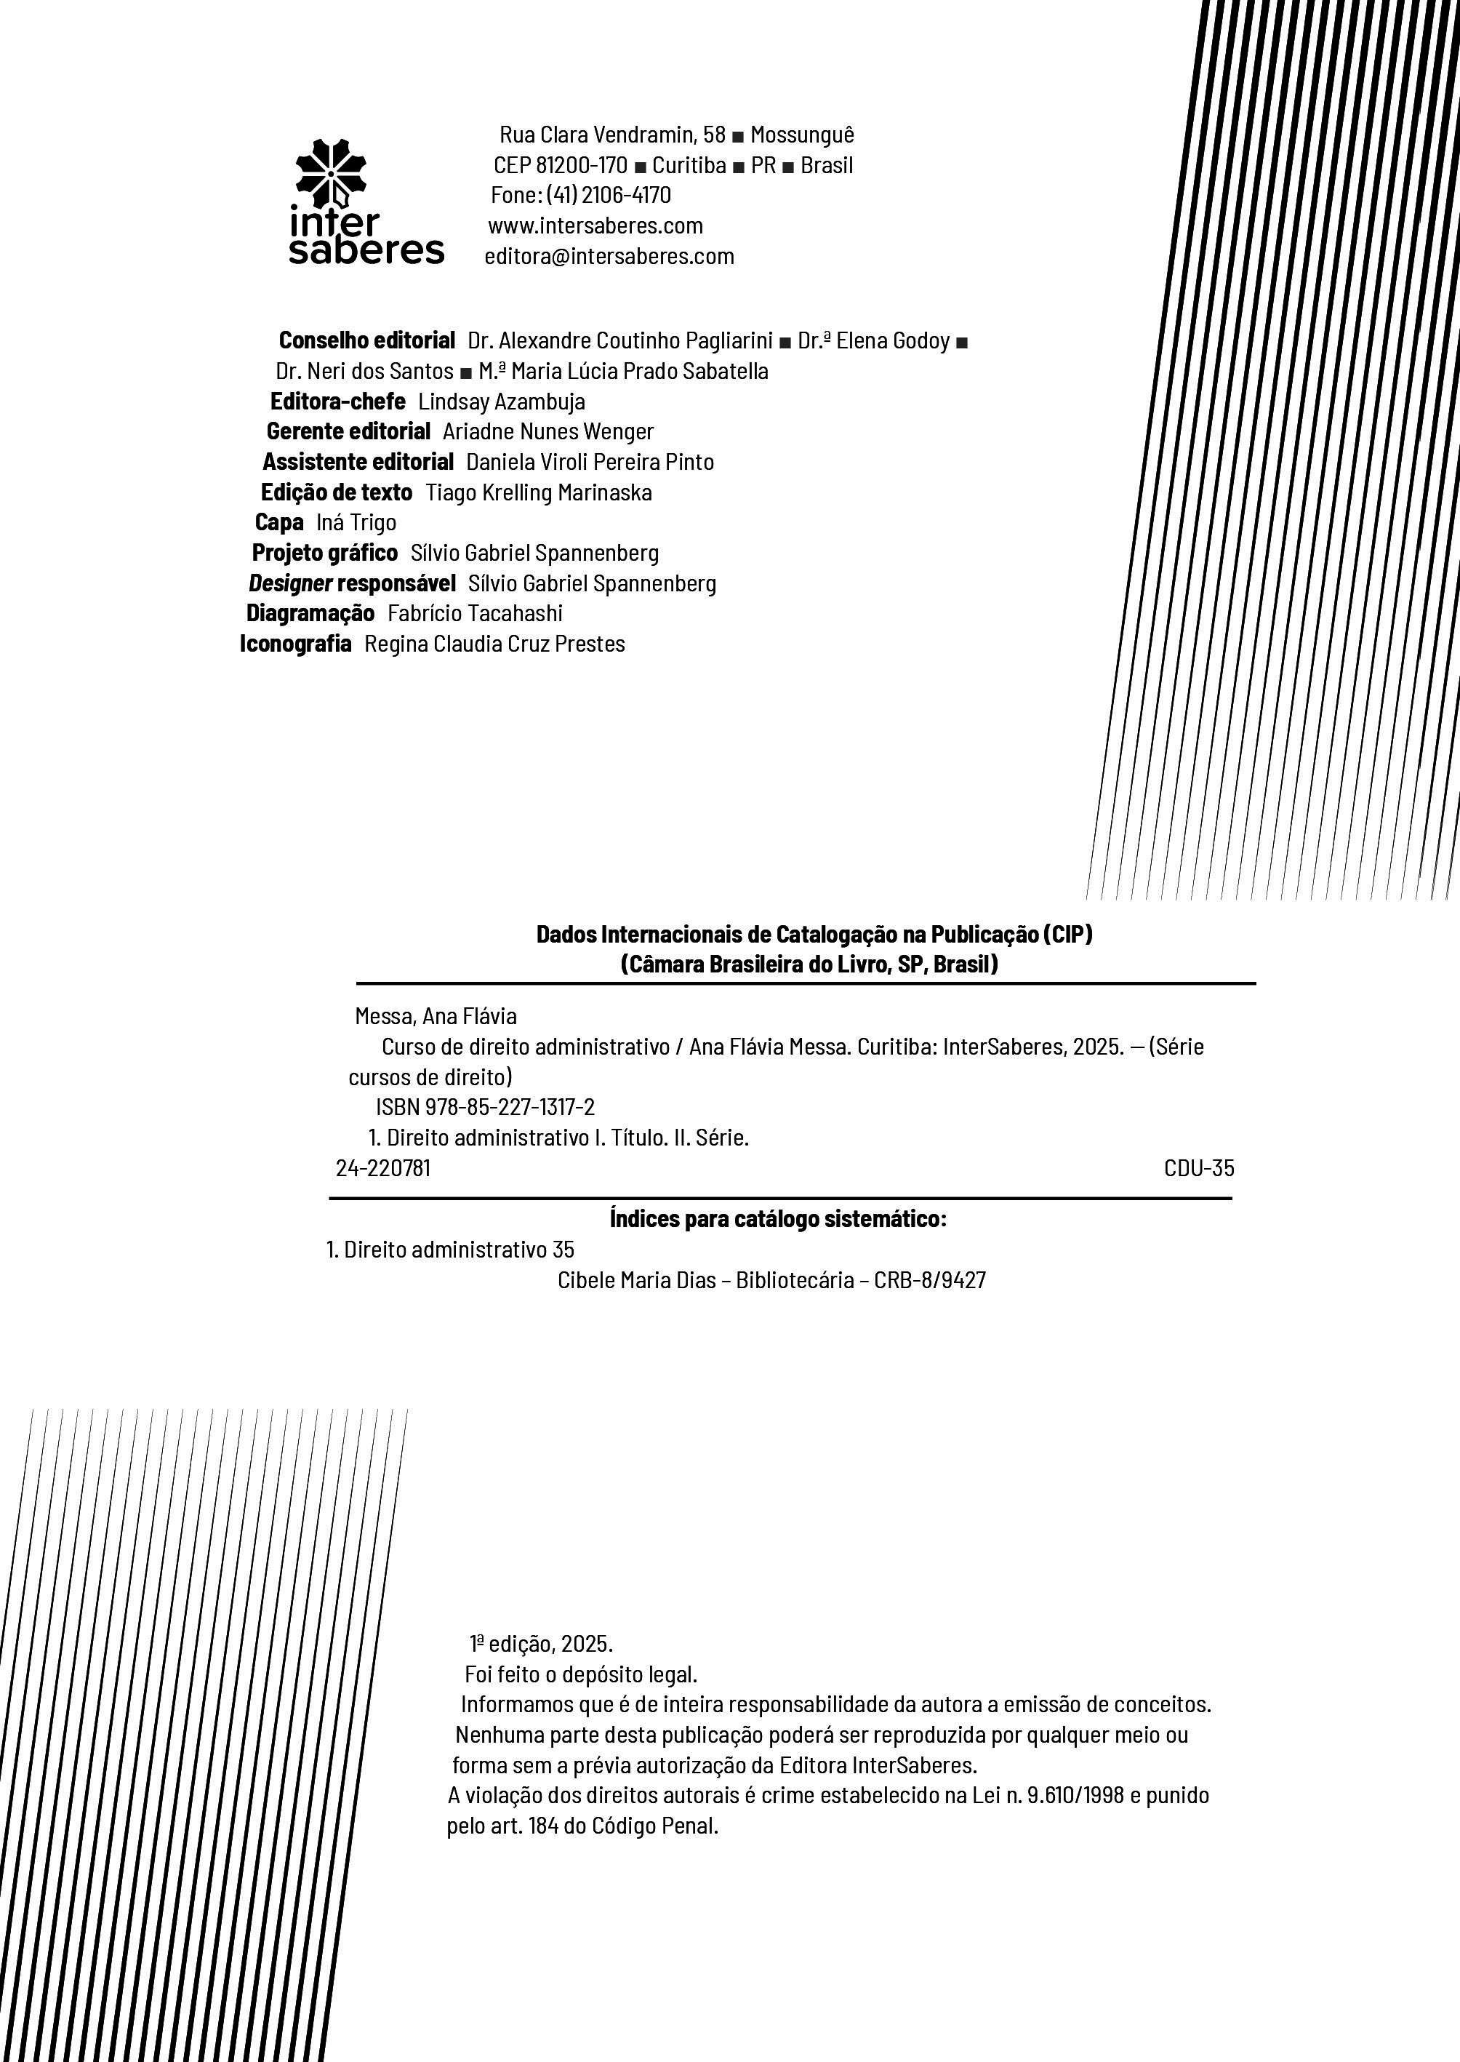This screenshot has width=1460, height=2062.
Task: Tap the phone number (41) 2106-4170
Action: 609,195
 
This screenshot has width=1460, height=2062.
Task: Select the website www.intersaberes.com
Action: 595,225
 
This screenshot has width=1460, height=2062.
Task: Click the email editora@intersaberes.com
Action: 609,256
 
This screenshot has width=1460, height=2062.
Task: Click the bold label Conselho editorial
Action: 366,341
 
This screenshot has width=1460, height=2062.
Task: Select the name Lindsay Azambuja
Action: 502,402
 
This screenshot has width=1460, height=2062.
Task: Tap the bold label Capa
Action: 278,522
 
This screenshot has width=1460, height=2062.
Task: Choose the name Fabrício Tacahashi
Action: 475,613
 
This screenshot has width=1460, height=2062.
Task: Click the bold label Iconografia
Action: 295,644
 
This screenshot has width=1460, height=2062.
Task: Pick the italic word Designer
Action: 289,583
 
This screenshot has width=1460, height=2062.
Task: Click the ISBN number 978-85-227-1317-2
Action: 510,1107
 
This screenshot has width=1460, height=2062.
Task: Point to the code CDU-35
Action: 1198,1168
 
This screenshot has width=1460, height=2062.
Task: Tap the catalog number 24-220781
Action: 383,1168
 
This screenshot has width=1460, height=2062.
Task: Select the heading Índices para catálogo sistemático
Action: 778,1220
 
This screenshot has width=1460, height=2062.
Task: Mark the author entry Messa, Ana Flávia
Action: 436,1016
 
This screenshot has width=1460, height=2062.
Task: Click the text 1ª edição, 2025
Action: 541,1644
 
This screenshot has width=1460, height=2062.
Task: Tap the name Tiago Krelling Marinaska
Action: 539,493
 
